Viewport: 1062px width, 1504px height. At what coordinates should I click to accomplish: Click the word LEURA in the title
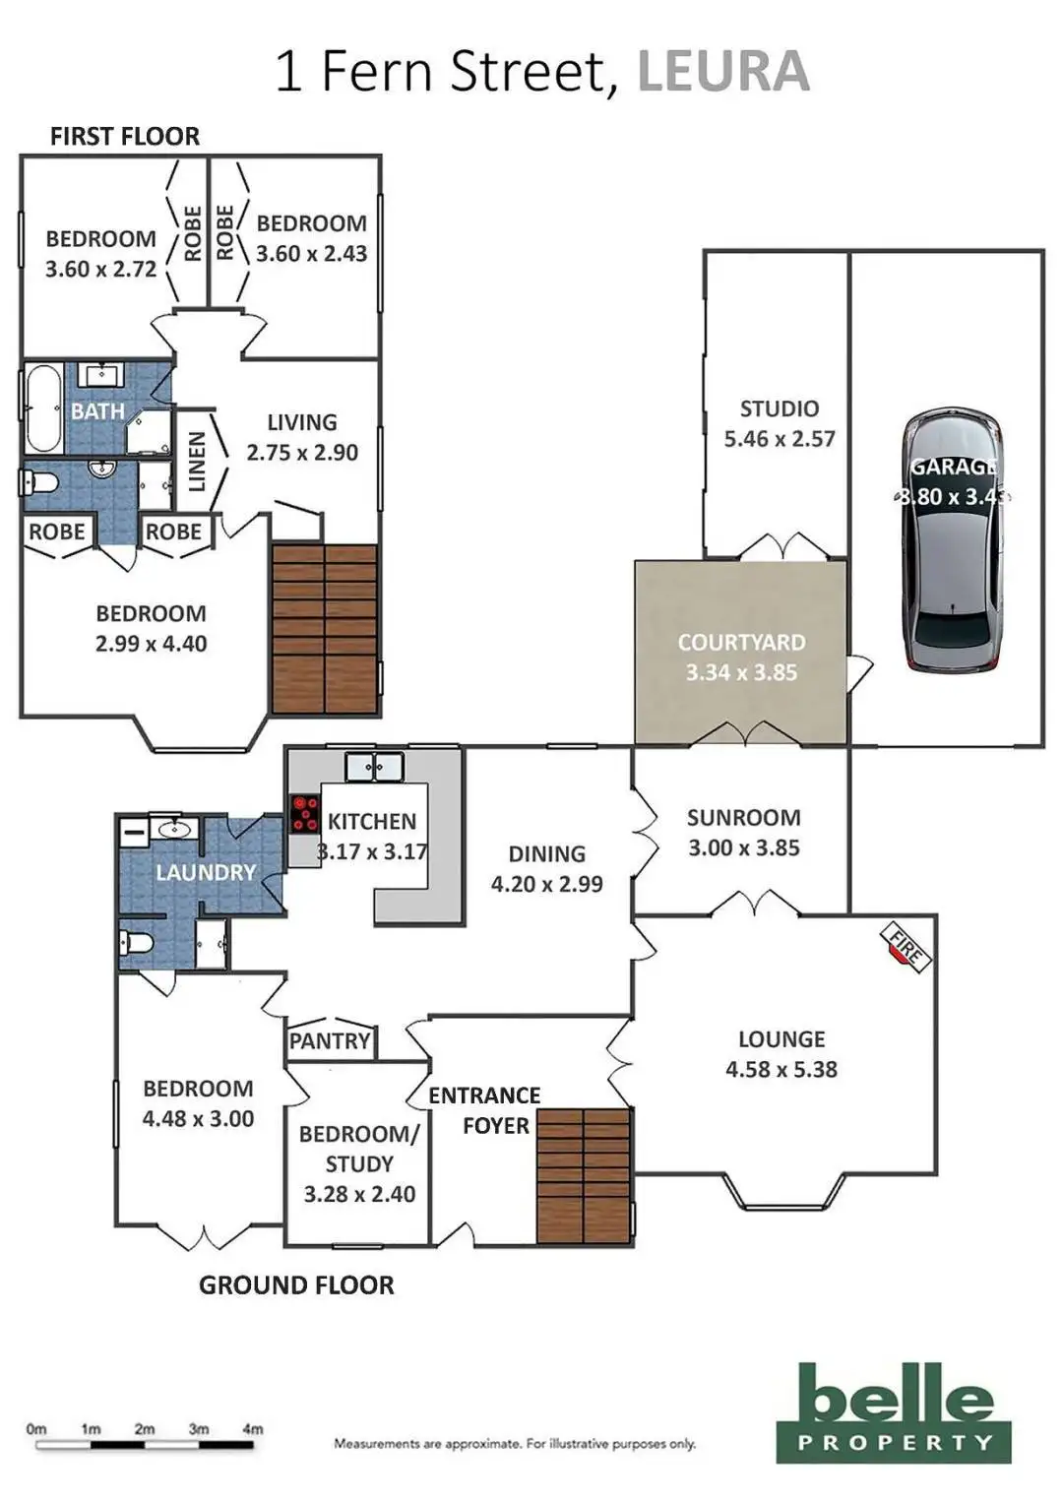(723, 72)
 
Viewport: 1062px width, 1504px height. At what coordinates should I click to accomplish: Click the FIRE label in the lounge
(906, 947)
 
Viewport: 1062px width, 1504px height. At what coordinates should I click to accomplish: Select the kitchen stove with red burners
(304, 814)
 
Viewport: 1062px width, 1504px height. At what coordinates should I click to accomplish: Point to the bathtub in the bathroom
(43, 407)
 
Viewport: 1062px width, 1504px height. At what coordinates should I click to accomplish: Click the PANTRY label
(330, 1040)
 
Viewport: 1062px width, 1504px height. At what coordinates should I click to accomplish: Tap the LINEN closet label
(197, 461)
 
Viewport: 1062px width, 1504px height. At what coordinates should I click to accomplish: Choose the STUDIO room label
(780, 408)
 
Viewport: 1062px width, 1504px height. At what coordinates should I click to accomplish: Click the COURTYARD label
(741, 643)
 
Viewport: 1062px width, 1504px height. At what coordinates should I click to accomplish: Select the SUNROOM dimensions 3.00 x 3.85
(743, 847)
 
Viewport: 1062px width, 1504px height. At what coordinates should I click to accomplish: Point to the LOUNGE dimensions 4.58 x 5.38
(781, 1069)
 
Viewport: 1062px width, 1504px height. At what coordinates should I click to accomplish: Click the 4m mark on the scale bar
(253, 1429)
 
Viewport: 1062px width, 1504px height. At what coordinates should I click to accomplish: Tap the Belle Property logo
(894, 1411)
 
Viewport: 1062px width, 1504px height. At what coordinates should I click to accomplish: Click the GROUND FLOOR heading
(296, 1285)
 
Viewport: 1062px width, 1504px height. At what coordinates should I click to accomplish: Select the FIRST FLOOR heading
(125, 136)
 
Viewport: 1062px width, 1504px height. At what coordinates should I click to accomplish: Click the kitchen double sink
(374, 767)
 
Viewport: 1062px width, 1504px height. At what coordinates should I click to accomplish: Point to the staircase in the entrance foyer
(584, 1175)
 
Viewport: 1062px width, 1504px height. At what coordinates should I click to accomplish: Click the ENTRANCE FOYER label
(484, 1110)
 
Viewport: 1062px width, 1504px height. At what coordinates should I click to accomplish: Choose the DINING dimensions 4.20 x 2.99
(546, 884)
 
